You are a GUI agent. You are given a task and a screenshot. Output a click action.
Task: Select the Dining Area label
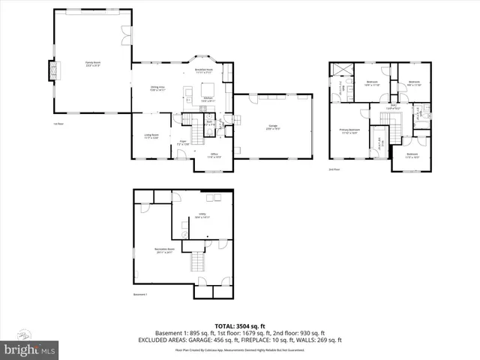(156, 88)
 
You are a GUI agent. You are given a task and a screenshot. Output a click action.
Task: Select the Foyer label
(182, 142)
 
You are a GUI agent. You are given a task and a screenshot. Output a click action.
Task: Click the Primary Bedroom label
(349, 131)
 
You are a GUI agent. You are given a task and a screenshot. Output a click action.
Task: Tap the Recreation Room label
(165, 250)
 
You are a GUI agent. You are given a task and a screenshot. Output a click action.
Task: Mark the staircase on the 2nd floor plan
(379, 139)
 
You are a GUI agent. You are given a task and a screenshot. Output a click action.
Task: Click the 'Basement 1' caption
(140, 295)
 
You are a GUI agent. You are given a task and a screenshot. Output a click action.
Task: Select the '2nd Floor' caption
(334, 169)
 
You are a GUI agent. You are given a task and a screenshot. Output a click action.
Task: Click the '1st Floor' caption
(58, 124)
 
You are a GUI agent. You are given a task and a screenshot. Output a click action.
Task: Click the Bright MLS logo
(30, 349)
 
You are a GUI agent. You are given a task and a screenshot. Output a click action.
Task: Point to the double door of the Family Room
(124, 34)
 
